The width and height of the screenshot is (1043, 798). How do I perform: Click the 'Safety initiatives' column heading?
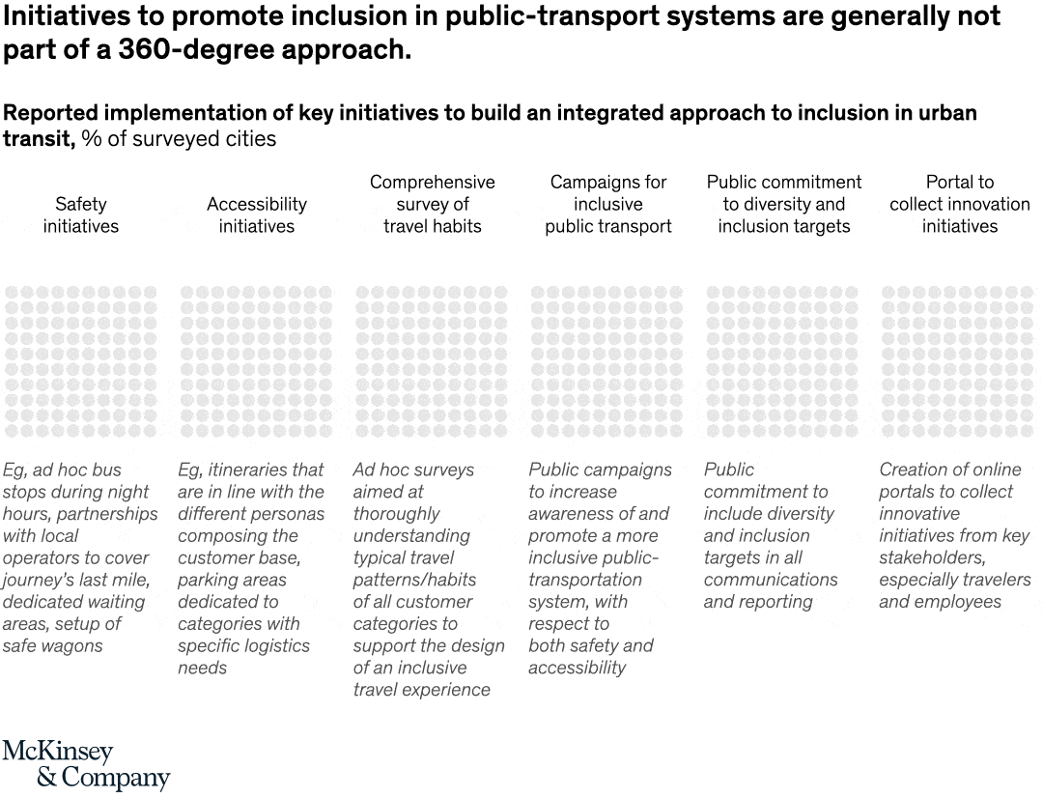(81, 215)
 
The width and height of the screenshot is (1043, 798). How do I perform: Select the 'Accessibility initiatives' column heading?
(257, 215)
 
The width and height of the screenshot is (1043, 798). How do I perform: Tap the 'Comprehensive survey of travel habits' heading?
(432, 204)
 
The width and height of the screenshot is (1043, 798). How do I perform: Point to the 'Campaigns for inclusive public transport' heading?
(607, 204)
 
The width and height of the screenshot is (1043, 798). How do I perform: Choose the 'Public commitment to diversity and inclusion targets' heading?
(783, 204)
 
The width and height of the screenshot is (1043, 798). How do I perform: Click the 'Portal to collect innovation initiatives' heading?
(959, 204)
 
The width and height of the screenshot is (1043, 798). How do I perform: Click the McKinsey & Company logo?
(86, 765)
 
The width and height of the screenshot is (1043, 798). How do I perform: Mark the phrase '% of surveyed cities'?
(179, 139)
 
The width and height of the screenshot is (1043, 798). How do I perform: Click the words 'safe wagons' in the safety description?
(52, 646)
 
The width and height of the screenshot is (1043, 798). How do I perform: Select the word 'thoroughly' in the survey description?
(396, 514)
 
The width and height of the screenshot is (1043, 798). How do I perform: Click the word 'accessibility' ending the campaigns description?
(577, 668)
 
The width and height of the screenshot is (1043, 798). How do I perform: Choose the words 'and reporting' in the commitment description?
(758, 602)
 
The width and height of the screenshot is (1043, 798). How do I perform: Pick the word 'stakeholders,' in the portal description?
(929, 557)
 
